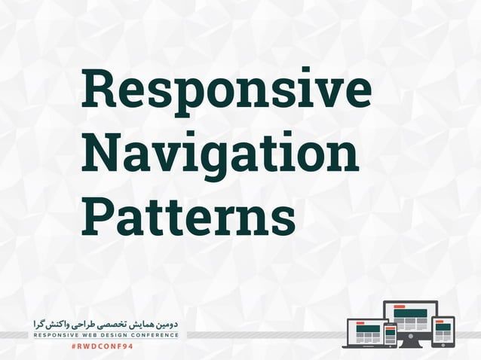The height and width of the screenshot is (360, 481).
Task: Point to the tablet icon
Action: click(443, 330)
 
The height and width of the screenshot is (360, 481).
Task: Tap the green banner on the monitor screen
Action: click(410, 313)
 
